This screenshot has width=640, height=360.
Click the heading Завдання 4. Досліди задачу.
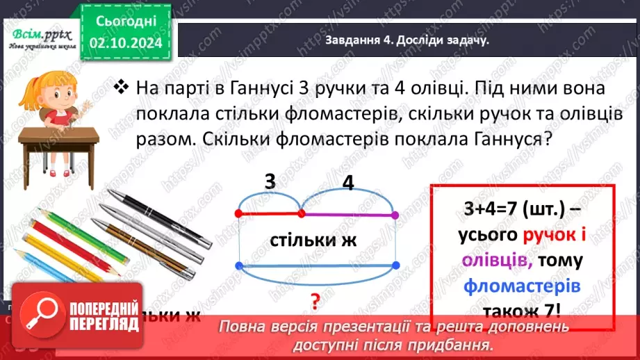pyautogui.click(x=407, y=40)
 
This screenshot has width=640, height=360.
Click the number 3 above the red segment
pyautogui.click(x=270, y=183)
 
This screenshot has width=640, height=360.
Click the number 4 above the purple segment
pyautogui.click(x=348, y=183)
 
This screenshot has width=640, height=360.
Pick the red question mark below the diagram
pyautogui.click(x=315, y=301)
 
